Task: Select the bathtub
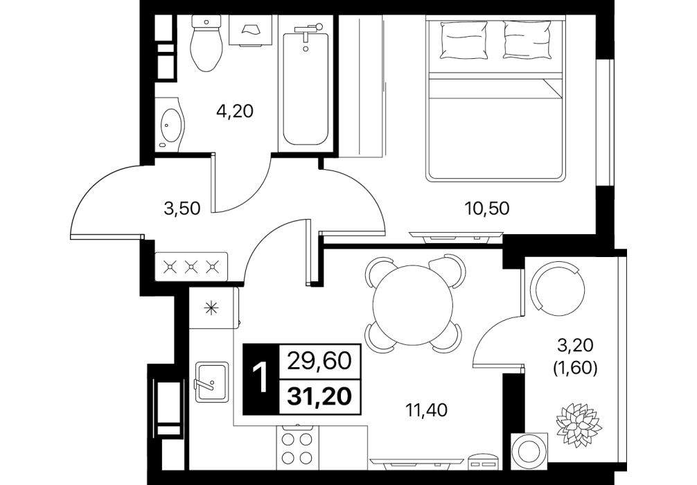point(305,84)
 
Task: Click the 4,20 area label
point(235,111)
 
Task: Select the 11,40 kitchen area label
point(427,410)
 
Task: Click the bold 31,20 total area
point(319,396)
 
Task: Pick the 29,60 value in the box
point(319,362)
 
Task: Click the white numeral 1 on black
point(261,378)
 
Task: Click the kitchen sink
point(211,382)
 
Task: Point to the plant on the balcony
point(579,424)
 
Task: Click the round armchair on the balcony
point(559,288)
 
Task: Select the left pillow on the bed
point(464,40)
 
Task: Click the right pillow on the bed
point(528,40)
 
